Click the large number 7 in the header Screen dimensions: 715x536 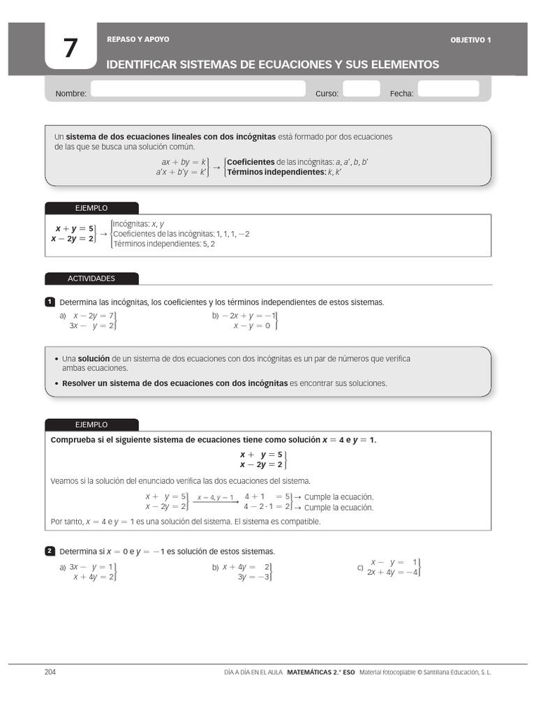[70, 48]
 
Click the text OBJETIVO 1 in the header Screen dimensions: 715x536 [470, 40]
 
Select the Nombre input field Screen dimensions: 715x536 [198, 89]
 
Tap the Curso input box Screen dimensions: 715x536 [362, 89]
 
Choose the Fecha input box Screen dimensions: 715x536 [448, 89]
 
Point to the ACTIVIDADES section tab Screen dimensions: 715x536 [91, 279]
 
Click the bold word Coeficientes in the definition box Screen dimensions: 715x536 [251, 162]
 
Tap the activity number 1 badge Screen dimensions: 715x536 [50, 302]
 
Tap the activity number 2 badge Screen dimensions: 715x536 [50, 551]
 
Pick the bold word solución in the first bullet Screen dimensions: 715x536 [94, 359]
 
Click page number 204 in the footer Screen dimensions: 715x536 [50, 672]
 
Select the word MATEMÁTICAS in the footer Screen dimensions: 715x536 [311, 672]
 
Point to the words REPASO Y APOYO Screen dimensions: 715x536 [137, 40]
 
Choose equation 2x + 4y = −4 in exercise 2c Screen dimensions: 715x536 [392, 573]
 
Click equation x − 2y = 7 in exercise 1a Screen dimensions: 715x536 [93, 316]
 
